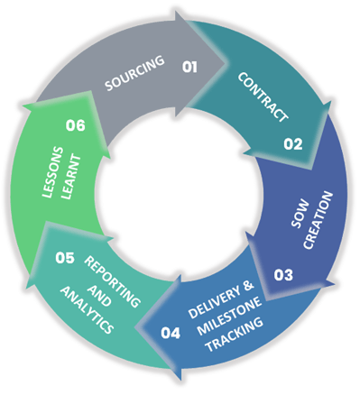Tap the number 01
coord(189,66)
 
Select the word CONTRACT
coord(263,96)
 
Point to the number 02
coord(292,142)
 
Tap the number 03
coord(283,275)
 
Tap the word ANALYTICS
coord(88,309)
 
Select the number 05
coord(64,258)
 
